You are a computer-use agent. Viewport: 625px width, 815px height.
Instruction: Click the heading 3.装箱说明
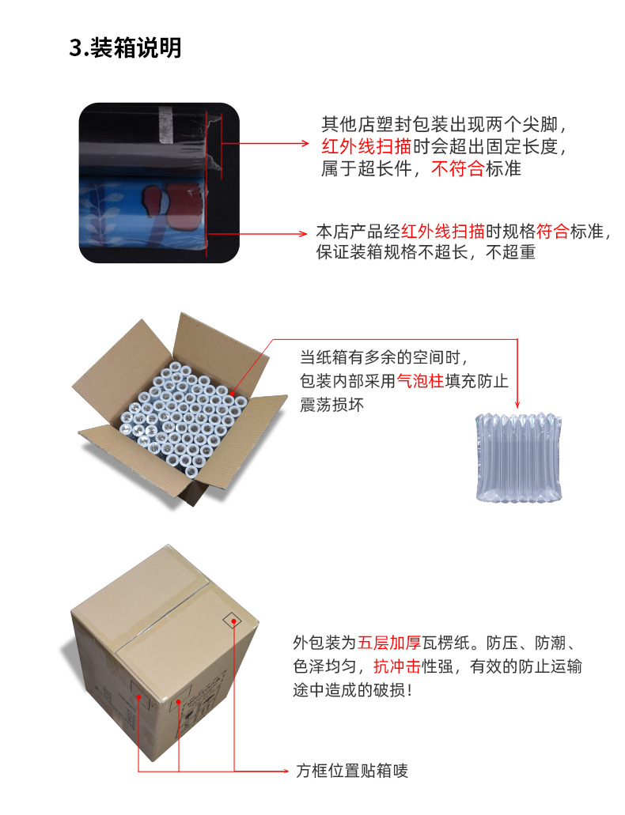tap(126, 48)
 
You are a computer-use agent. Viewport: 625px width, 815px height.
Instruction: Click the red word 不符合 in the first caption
tap(456, 168)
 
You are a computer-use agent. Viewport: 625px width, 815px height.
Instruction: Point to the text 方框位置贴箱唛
tap(352, 771)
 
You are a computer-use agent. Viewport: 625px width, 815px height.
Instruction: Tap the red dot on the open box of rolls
tap(233, 392)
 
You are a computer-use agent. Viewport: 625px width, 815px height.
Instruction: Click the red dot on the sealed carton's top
tap(235, 622)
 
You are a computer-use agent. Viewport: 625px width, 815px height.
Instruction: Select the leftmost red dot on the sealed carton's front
tap(140, 697)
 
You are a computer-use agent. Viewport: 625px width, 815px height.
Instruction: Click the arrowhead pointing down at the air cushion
tap(517, 402)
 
